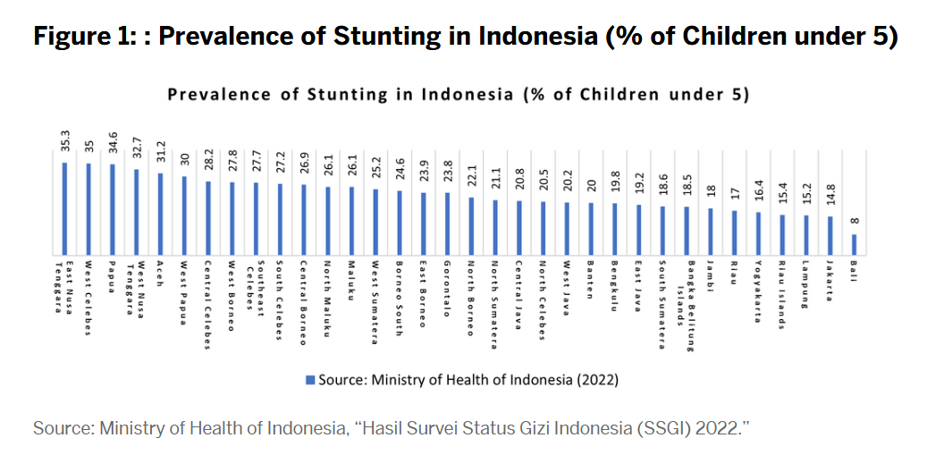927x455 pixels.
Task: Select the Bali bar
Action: (854, 243)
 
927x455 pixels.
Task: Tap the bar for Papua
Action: (113, 208)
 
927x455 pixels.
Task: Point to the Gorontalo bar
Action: (447, 223)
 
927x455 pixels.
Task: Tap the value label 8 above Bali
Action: (854, 220)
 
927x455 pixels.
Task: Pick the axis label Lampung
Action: (805, 282)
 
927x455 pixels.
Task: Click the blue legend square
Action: (309, 379)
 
